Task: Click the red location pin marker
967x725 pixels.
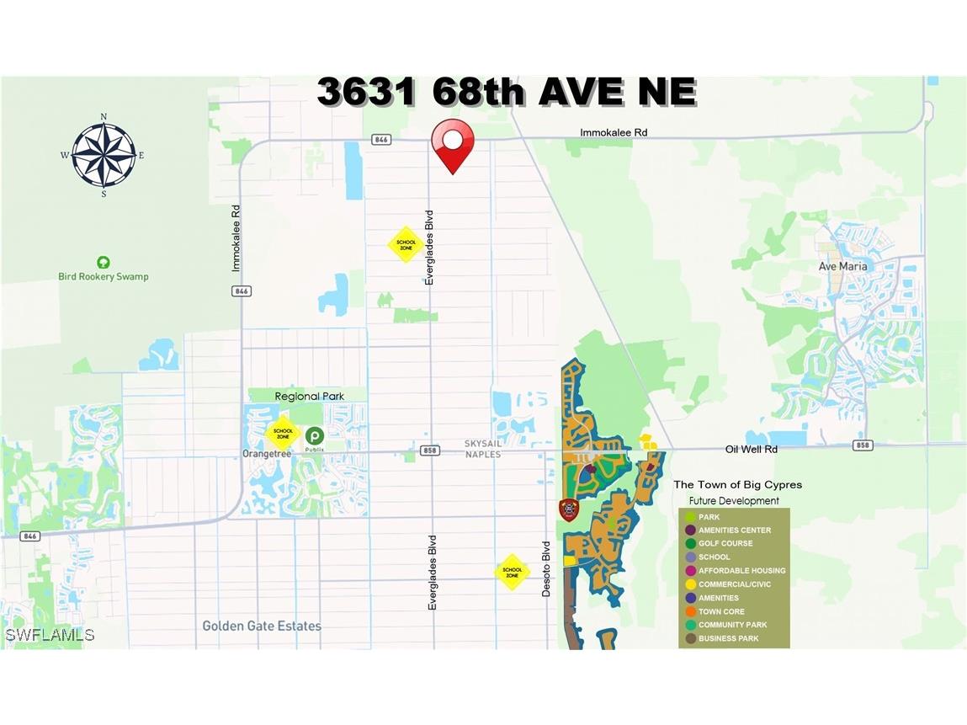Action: point(453,145)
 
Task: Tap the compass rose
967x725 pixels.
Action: point(104,155)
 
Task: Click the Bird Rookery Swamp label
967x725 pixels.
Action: point(103,276)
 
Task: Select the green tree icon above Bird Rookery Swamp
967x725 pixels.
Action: point(103,263)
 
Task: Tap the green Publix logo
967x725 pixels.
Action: point(314,435)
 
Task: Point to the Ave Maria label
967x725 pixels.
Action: point(842,266)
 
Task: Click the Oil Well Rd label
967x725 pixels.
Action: point(751,450)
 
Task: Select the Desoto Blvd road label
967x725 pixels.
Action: point(545,569)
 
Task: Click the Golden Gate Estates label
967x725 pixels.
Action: point(262,626)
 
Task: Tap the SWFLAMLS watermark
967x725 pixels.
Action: point(50,634)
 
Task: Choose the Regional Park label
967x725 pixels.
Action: point(309,396)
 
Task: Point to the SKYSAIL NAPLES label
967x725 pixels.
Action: point(482,449)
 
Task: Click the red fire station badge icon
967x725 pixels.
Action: point(569,510)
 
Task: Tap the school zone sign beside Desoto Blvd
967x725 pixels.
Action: point(513,571)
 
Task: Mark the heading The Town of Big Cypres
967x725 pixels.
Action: point(737,485)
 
